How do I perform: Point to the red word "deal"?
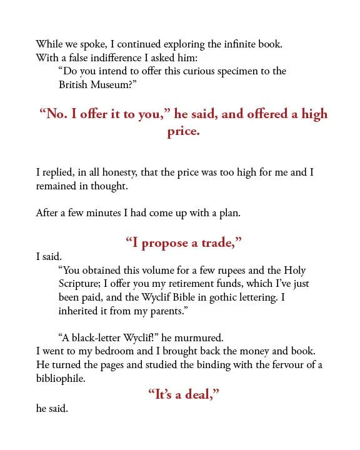(x=199, y=395)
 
